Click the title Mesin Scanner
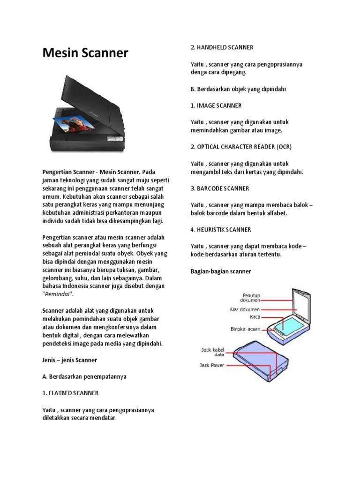pyautogui.click(x=85, y=53)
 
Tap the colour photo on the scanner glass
pyautogui.click(x=73, y=123)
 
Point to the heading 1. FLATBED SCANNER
pyautogui.click(x=70, y=393)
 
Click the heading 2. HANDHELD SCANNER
pyautogui.click(x=222, y=47)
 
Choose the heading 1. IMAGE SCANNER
pyautogui.click(x=216, y=105)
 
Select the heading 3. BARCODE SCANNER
pyautogui.click(x=220, y=188)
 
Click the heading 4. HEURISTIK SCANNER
pyautogui.click(x=221, y=229)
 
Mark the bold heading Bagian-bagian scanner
pyautogui.click(x=221, y=271)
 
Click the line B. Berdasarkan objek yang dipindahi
pyautogui.click(x=238, y=89)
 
